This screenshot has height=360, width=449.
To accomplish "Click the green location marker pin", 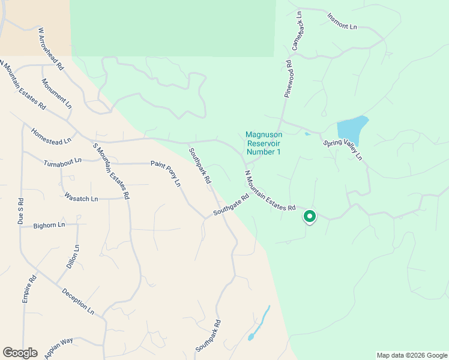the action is [x=310, y=216].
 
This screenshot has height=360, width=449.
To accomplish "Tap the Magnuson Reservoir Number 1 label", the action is [x=263, y=143].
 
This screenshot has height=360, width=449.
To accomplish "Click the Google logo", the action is [x=20, y=353].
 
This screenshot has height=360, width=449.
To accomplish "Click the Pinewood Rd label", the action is [x=288, y=79].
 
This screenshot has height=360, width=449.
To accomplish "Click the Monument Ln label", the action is [x=56, y=94].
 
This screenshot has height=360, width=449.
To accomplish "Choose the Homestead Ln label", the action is [x=51, y=136].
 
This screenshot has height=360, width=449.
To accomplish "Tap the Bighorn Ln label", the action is [x=49, y=225].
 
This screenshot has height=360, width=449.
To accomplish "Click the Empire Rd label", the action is [x=29, y=288].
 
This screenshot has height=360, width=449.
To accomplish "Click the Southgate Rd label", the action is [x=231, y=206].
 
